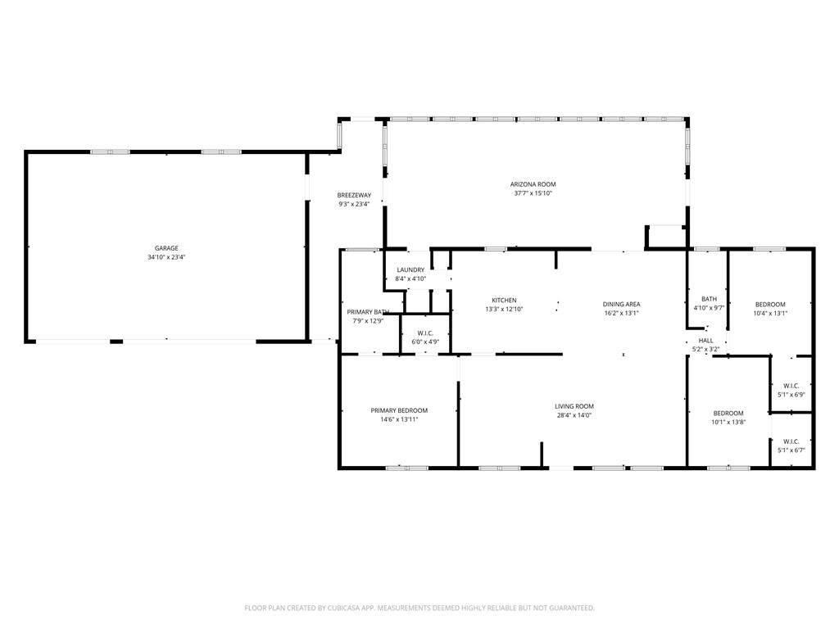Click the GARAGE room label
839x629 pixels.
pos(166,248)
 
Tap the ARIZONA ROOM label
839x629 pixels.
pos(533,184)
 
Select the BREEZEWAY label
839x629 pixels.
pos(354,195)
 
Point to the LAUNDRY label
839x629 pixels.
pos(410,270)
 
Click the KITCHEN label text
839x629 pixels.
pos(504,301)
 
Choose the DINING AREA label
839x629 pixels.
pos(621,305)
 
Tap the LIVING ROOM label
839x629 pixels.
pos(574,406)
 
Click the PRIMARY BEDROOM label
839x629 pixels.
pos(399,411)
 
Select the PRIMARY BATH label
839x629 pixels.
pos(368,312)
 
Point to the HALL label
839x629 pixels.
pos(705,341)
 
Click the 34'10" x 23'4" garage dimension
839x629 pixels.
pos(166,257)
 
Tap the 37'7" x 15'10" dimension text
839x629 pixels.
pos(533,193)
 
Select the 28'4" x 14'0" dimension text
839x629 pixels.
pos(574,415)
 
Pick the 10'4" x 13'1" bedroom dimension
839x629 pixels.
pos(770,314)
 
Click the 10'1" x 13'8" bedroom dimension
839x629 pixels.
pos(728,422)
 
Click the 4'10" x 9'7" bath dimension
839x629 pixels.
pos(709,308)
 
